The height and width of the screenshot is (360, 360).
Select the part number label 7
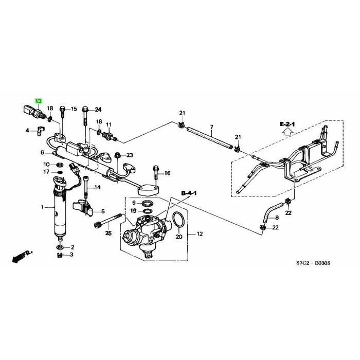[211, 127]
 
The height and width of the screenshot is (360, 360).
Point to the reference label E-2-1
[288, 124]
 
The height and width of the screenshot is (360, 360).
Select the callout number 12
[200, 234]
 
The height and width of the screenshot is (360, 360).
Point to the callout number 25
[108, 234]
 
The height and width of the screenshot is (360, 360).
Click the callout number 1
[43, 208]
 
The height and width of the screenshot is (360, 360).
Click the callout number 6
[42, 152]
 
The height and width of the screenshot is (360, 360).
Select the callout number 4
[28, 131]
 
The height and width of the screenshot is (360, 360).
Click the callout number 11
[109, 125]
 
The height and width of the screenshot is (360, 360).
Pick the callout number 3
[71, 255]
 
